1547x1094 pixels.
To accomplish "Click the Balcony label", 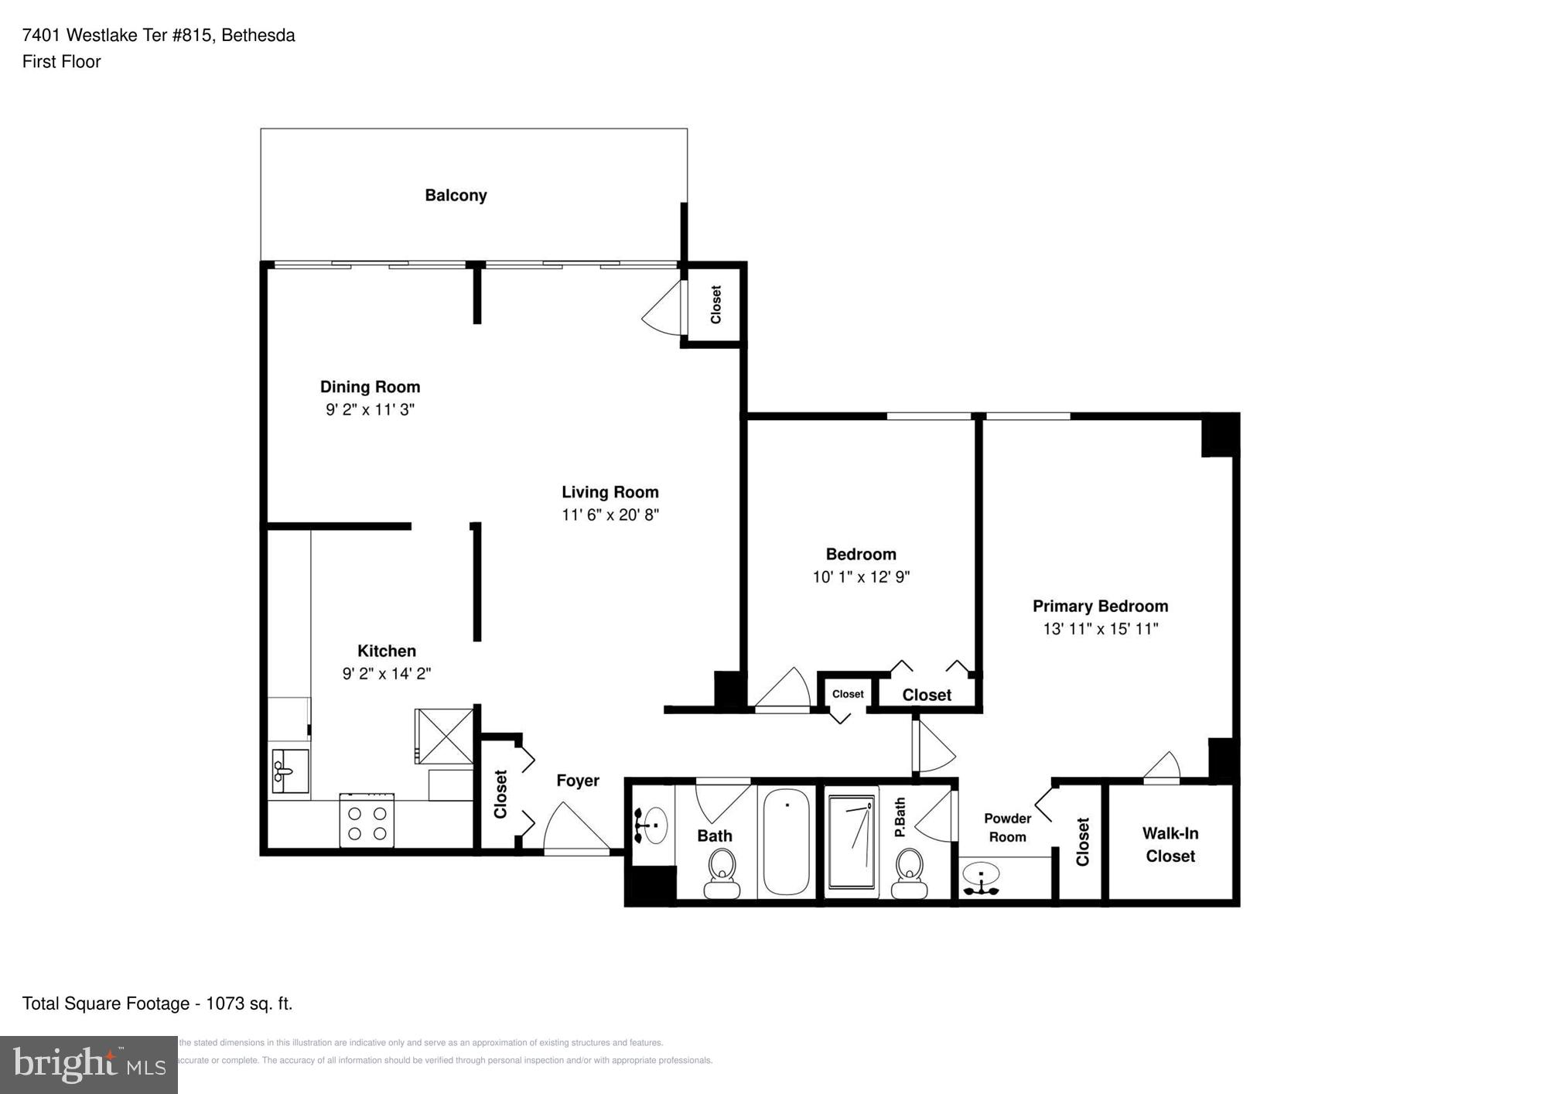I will (456, 195).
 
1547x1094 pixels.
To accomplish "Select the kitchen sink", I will (289, 771).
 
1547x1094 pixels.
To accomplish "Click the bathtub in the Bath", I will (786, 842).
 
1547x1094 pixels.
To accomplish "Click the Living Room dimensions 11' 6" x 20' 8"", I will (610, 515).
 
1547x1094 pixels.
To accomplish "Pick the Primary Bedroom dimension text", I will (1100, 629).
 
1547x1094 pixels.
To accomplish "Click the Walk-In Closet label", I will (1170, 844).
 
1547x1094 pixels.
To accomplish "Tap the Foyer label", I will (577, 781).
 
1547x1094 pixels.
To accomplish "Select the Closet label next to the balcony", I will (715, 304).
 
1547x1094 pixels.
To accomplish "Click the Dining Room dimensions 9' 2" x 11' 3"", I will (370, 409).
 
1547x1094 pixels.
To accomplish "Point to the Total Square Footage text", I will (157, 1003).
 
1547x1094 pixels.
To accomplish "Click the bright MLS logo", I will (89, 1065).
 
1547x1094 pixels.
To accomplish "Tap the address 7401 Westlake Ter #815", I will (117, 36).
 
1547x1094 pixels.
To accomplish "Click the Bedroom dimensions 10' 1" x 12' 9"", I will (860, 576).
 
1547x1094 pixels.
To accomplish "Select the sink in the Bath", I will (653, 826).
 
